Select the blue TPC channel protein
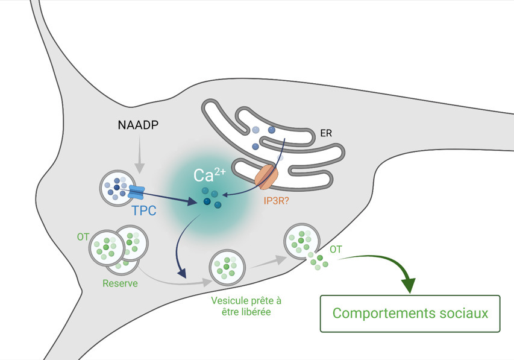(x=138, y=192)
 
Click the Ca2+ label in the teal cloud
(x=207, y=176)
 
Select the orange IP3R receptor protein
(x=266, y=176)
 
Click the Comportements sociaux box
(x=410, y=314)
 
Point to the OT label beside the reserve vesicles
(x=83, y=236)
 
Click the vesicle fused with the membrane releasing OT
(x=302, y=241)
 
